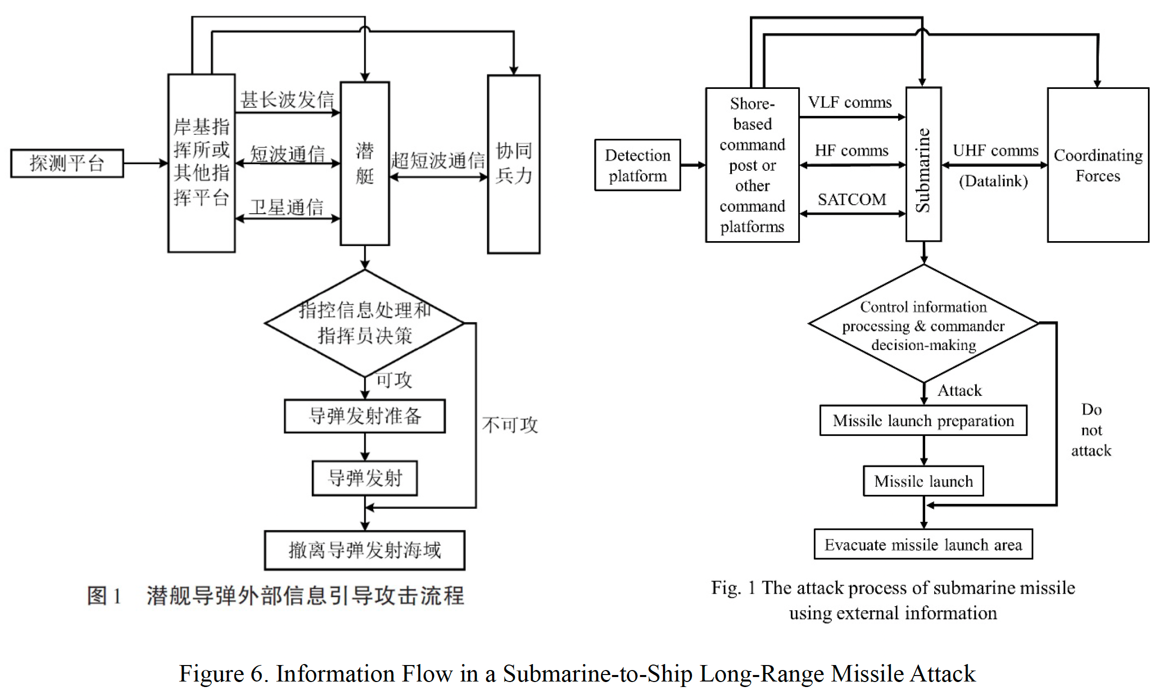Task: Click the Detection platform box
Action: pyautogui.click(x=637, y=165)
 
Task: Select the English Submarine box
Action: pyautogui.click(x=924, y=165)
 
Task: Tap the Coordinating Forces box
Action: pyautogui.click(x=1098, y=165)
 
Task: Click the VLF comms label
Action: pyautogui.click(x=850, y=102)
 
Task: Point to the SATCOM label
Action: pyautogui.click(x=852, y=200)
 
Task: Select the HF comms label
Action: pyautogui.click(x=852, y=151)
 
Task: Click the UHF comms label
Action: pyautogui.click(x=996, y=151)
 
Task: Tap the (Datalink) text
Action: pyautogui.click(x=993, y=181)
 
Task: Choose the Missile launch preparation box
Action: pyautogui.click(x=923, y=421)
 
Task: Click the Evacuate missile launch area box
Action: pyautogui.click(x=923, y=545)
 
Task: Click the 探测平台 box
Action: pyautogui.click(x=67, y=163)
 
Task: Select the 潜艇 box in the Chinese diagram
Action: pyautogui.click(x=365, y=164)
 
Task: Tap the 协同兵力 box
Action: pyautogui.click(x=514, y=164)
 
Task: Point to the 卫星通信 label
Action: pyautogui.click(x=287, y=207)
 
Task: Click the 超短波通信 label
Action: pyautogui.click(x=438, y=161)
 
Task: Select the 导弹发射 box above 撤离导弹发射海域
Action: pyautogui.click(x=365, y=478)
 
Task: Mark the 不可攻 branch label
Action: pyautogui.click(x=510, y=425)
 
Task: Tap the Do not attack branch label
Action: pyautogui.click(x=1091, y=430)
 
